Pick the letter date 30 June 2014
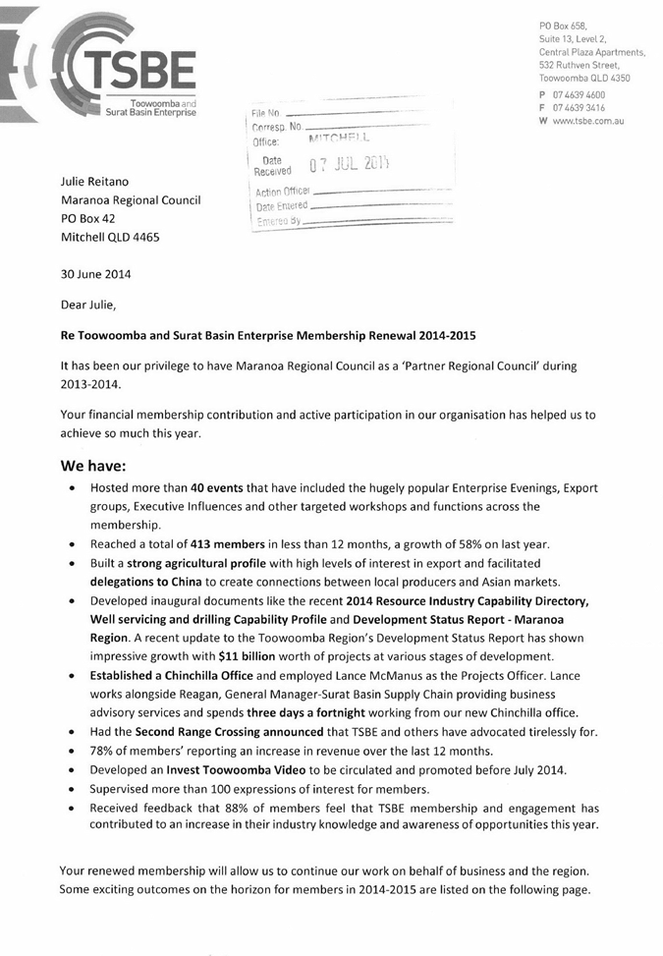[x=95, y=274]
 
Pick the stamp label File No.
[x=266, y=115]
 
